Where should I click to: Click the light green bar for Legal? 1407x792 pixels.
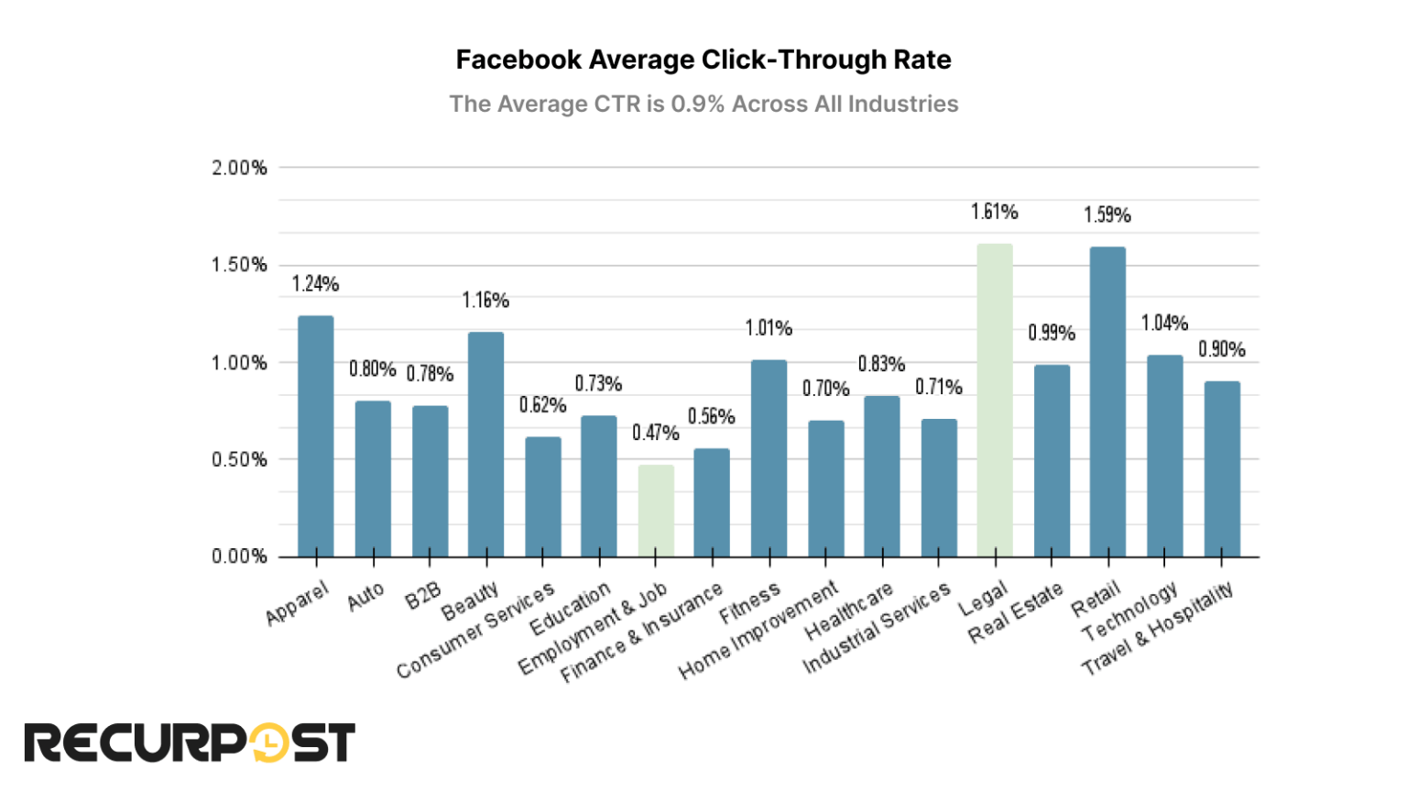tap(995, 401)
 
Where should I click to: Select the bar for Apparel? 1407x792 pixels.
tap(316, 436)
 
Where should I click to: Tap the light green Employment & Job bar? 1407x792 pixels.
tap(656, 511)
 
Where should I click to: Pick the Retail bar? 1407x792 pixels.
tap(1107, 401)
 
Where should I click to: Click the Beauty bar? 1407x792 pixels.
tap(485, 445)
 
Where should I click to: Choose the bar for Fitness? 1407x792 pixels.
tap(769, 458)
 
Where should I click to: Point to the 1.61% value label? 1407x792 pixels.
tap(995, 213)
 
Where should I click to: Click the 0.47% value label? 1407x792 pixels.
tap(656, 433)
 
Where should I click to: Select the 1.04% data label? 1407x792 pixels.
tap(1164, 324)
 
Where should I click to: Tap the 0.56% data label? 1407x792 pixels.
tap(712, 417)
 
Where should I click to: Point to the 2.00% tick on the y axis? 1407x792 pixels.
tap(239, 168)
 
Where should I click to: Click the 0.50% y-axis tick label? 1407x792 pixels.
tap(239, 459)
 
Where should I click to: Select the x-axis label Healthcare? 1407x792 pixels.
tap(849, 611)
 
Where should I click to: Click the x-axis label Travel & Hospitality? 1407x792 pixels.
tap(1158, 628)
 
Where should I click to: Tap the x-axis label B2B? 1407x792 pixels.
tap(423, 596)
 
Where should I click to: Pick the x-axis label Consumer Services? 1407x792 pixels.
tap(475, 631)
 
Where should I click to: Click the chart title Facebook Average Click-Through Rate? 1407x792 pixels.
tap(703, 60)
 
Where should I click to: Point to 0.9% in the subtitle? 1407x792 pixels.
tap(697, 104)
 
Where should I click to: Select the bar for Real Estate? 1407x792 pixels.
tap(1052, 461)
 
